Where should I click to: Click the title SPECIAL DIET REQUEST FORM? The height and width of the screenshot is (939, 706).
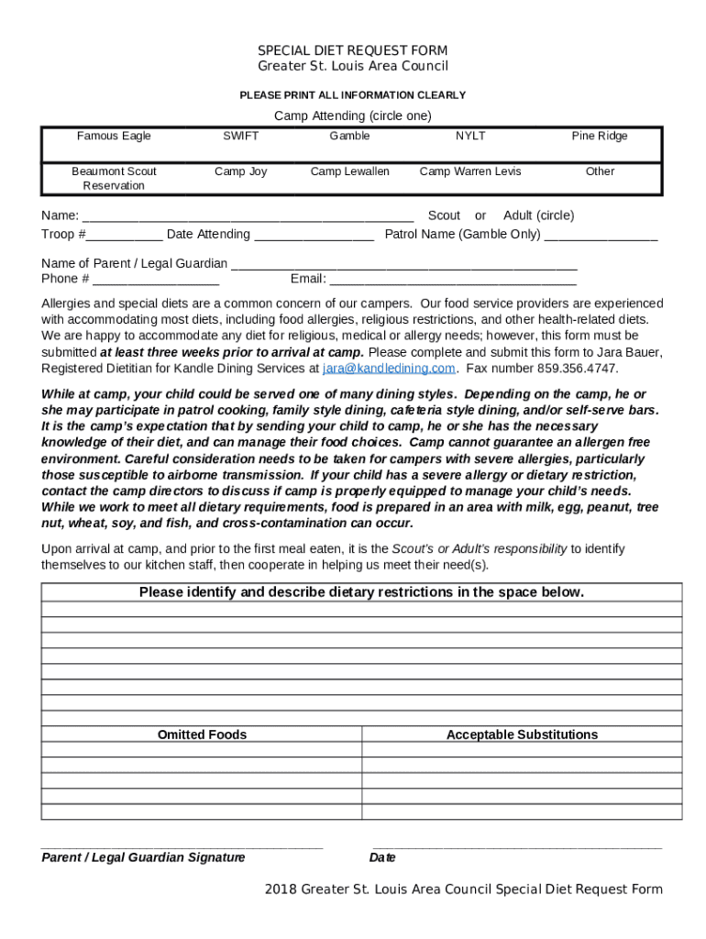352,50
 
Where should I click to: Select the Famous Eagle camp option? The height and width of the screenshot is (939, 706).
114,136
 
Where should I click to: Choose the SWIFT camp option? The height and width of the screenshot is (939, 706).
240,136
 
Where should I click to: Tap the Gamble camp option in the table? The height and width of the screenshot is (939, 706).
349,136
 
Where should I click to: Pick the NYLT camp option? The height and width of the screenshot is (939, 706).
470,136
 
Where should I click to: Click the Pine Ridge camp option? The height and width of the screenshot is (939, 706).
600,136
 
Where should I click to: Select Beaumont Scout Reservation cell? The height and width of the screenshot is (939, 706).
114,178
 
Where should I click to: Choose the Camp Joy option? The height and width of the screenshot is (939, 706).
240,171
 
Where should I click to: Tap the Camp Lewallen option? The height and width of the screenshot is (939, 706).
349,171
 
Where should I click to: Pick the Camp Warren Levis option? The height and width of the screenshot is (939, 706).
470,171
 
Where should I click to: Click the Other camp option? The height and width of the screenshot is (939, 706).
600,171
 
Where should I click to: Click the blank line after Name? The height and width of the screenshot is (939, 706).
248,217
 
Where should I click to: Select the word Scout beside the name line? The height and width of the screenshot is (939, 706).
444,215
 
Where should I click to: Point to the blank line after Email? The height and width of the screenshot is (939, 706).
453,281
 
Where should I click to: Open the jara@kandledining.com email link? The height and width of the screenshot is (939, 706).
389,369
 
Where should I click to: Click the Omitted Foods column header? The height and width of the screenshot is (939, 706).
202,735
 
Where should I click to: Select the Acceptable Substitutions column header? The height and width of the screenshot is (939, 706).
522,735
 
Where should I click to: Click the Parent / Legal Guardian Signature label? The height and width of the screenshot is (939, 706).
143,857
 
